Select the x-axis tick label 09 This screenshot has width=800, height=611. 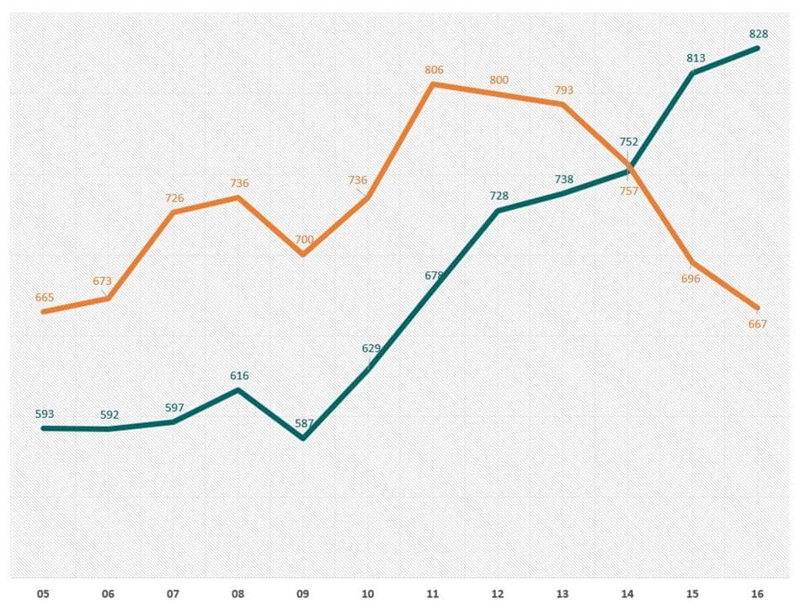pos(304,594)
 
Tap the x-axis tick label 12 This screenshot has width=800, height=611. pos(499,594)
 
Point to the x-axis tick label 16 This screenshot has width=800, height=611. pos(758,594)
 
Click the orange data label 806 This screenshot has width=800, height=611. pos(434,70)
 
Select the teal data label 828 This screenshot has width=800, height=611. pos(758,34)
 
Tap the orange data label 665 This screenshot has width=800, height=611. pos(45,297)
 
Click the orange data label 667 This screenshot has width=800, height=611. pos(758,324)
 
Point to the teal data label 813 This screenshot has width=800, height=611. pos(695,58)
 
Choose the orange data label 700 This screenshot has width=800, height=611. pos(304,240)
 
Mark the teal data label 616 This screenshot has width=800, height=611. pos(239,376)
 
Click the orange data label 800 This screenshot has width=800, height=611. pos(499,79)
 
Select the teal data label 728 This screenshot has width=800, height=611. pos(499,196)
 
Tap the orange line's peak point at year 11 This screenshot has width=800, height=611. pos(433,83)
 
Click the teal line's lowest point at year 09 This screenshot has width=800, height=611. pos(304,438)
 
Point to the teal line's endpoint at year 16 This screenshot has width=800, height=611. pos(758,48)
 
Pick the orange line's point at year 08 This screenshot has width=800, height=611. pos(239,197)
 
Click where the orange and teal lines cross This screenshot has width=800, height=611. pos(630,168)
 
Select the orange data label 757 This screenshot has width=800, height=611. pos(628,190)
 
